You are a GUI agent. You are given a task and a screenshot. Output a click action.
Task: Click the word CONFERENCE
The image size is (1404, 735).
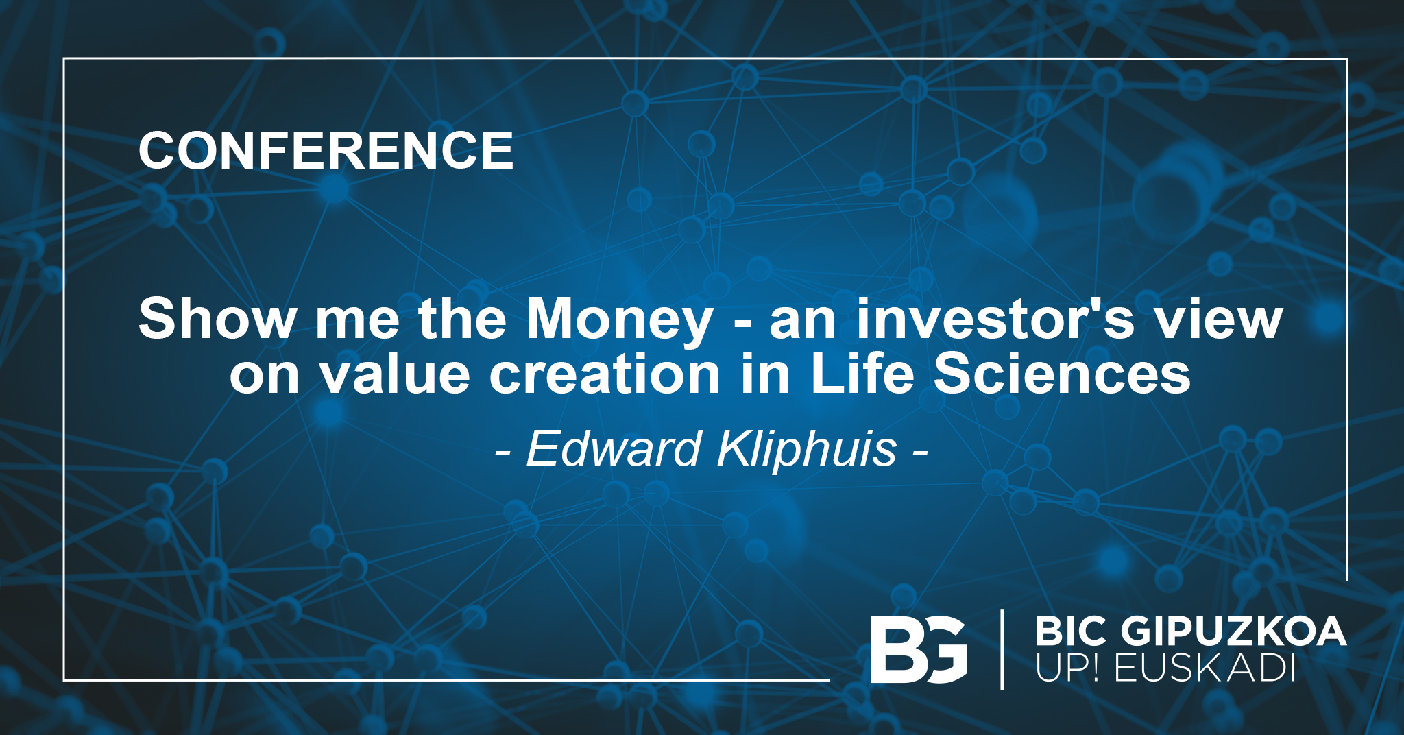coord(326,150)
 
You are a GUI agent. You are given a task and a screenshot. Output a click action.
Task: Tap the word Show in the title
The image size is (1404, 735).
coord(217,318)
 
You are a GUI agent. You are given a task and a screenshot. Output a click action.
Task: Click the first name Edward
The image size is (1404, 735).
coord(614,448)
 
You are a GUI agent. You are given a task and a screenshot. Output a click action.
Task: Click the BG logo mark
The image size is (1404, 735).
coord(919,649)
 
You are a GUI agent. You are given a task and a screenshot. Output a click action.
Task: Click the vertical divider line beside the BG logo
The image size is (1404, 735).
coord(1002,649)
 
